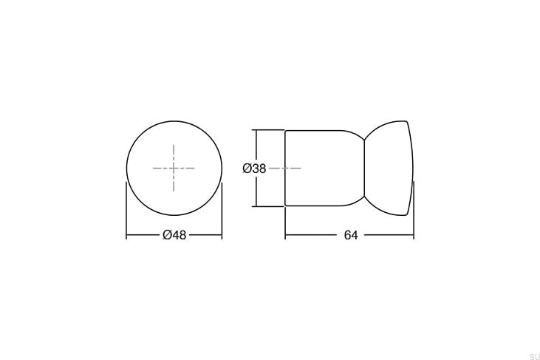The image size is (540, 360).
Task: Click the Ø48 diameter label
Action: (x=174, y=235)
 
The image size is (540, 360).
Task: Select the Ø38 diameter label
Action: (x=254, y=169)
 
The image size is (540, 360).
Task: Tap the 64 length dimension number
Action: (x=350, y=235)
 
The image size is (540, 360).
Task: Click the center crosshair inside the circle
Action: (x=174, y=169)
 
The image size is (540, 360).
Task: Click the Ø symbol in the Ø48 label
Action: (x=166, y=235)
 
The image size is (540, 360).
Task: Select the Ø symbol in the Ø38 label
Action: (x=247, y=169)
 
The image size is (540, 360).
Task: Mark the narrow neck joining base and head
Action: (x=365, y=168)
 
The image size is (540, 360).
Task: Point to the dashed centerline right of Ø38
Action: (x=285, y=169)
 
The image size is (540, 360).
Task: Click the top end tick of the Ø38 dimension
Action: (x=256, y=130)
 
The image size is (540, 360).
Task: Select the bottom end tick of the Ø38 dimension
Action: (x=256, y=206)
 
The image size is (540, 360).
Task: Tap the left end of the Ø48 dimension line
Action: (x=127, y=235)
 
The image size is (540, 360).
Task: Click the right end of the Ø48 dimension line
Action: (x=222, y=235)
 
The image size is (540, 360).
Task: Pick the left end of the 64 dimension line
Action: (x=286, y=235)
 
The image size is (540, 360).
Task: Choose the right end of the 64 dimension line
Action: (x=413, y=235)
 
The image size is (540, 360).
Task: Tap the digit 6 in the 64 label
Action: (x=346, y=235)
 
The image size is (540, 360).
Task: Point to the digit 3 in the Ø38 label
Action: (x=255, y=169)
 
